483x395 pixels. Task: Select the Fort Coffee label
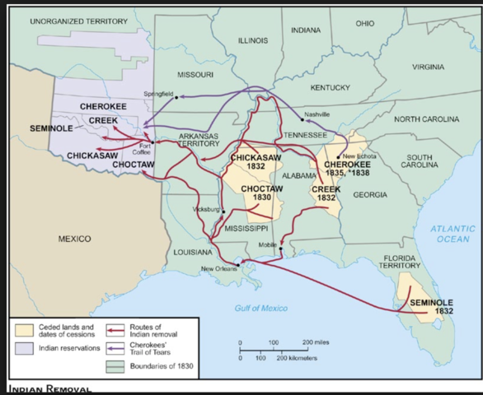140,149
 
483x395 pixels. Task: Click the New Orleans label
218,269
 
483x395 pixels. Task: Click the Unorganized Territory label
79,21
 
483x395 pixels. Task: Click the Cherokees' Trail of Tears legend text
157,349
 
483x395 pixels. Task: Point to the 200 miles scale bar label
317,341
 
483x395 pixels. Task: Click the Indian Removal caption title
49,388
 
